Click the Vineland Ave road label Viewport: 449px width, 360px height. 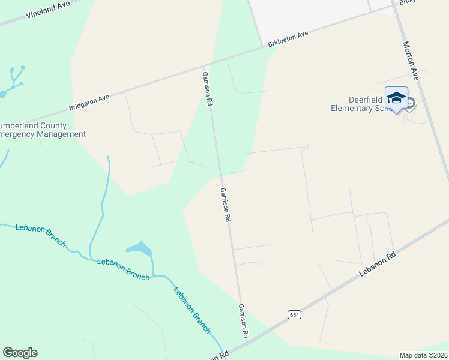49,10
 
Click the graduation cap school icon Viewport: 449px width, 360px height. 396,98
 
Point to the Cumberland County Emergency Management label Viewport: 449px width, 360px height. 42,130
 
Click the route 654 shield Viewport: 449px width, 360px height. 294,314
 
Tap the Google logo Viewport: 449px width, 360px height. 20,353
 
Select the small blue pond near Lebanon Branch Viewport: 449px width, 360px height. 139,247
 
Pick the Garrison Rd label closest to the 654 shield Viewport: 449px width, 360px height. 243,321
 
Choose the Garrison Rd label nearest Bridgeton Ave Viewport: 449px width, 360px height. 207,89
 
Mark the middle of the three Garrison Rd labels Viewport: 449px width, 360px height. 225,205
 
